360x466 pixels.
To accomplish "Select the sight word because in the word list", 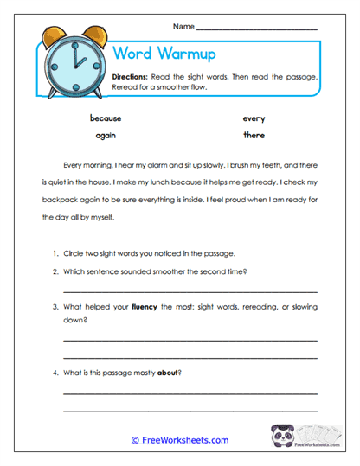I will (x=106, y=118).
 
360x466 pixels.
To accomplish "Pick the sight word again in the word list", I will (x=106, y=136).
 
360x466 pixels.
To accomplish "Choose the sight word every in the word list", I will (x=254, y=118).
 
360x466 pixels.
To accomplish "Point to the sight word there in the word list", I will (x=254, y=136).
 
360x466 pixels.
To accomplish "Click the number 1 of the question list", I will (x=55, y=253).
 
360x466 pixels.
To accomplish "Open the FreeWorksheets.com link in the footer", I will (x=180, y=440).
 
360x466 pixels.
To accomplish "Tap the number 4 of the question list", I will (x=55, y=373).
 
